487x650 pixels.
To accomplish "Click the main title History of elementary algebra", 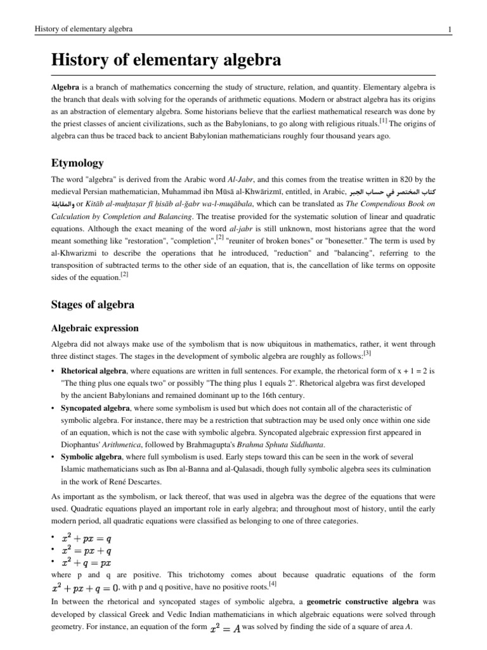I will coord(166,61).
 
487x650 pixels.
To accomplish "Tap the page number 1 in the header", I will coord(449,29).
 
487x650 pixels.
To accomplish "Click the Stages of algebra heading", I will coord(93,304).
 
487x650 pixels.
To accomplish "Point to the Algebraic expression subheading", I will coord(94,328).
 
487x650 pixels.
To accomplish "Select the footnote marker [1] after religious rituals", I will coord(384,120).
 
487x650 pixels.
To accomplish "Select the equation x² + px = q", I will coord(86,538).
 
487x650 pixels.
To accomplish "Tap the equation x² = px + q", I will coord(86,550).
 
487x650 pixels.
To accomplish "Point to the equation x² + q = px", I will coord(86,562).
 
